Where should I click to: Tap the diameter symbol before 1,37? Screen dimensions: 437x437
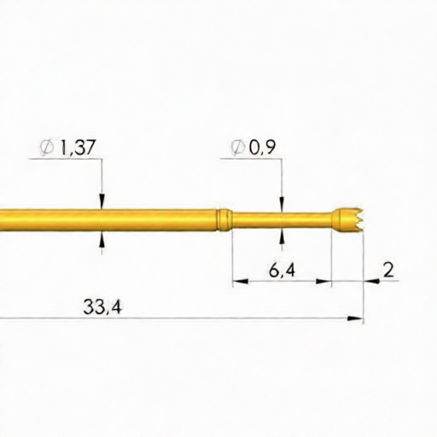point(46,148)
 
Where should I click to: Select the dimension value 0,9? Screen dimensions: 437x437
point(262,148)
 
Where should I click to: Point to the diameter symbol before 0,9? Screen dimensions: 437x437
point(238,148)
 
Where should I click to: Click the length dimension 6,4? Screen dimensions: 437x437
point(282,271)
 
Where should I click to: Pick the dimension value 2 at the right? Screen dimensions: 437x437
point(388,271)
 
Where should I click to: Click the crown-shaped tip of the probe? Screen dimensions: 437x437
point(348,219)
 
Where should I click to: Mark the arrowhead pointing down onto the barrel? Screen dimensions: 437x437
point(102,202)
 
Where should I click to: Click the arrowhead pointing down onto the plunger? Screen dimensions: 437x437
point(282,205)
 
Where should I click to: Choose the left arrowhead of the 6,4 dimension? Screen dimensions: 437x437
point(238,281)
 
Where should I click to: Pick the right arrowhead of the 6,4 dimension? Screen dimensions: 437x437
point(324,281)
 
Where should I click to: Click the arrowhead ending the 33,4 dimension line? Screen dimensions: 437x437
point(357,319)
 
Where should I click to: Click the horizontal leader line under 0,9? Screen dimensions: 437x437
point(256,159)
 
